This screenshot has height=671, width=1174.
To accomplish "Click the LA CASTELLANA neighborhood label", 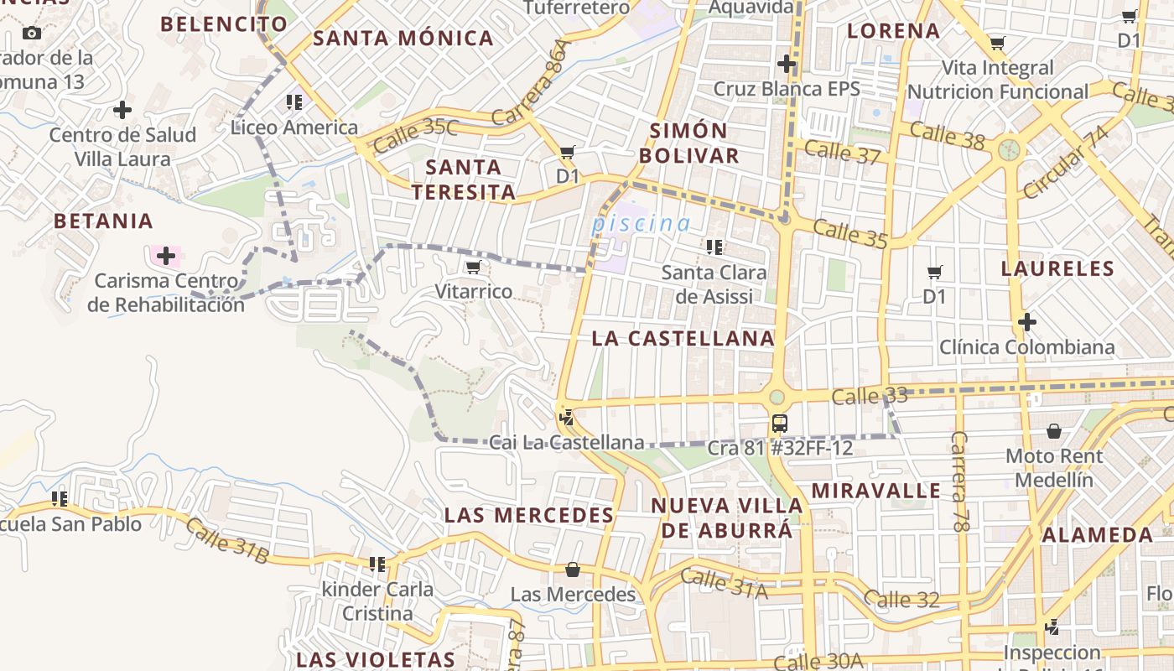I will [683, 338].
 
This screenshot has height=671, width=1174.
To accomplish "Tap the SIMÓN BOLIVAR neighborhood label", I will [694, 143].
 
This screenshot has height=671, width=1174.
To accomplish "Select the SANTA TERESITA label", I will [463, 179].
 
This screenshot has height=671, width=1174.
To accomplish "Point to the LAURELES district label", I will [1057, 269].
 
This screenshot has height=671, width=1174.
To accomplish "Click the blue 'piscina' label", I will [641, 224].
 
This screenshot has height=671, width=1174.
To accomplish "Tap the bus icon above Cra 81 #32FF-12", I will [779, 423].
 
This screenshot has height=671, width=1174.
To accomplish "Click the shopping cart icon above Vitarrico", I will [474, 268].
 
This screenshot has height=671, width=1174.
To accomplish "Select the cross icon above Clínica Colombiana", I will [1026, 322].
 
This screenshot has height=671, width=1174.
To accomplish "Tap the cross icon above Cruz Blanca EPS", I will [786, 64].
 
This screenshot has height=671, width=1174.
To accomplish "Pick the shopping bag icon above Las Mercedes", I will [573, 570].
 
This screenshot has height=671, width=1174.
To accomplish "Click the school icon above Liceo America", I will [294, 102].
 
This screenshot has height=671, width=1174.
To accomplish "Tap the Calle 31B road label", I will [226, 541].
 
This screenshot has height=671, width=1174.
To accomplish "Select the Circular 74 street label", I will [1065, 163].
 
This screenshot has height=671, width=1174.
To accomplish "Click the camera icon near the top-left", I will [32, 34].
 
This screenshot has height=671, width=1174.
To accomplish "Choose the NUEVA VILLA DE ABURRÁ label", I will [727, 518].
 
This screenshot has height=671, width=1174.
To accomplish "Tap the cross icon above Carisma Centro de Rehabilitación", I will [166, 255].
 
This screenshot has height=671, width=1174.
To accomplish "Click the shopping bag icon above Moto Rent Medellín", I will [1054, 431].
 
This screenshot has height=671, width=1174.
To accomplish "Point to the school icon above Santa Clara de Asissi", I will [714, 247].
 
